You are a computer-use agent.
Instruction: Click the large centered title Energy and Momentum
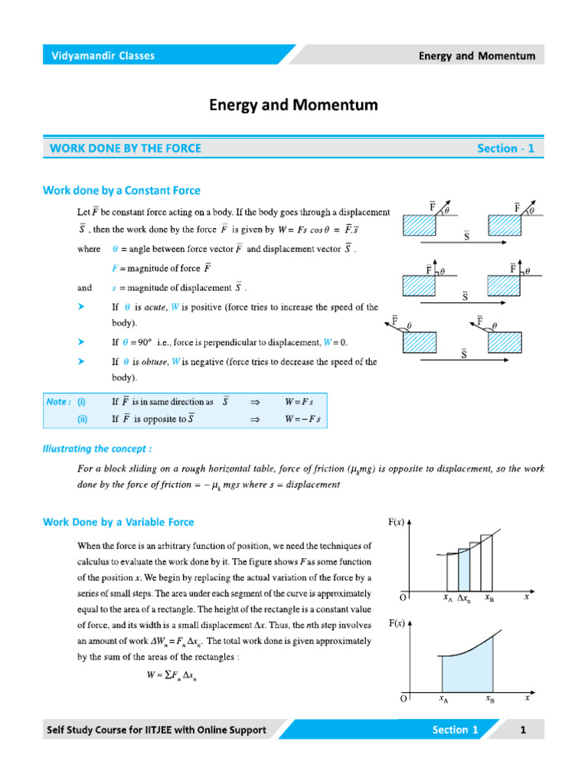pos(293,105)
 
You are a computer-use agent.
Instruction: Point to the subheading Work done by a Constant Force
pos(122,190)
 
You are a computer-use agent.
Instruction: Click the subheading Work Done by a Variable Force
pos(119,522)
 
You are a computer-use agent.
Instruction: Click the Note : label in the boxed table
pos(58,401)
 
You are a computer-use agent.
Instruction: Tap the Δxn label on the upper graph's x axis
pos(464,599)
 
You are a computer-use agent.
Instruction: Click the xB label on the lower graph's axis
pos(489,698)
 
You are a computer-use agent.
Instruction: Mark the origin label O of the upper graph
pos(403,597)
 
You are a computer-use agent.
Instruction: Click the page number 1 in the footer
pos(524,730)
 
